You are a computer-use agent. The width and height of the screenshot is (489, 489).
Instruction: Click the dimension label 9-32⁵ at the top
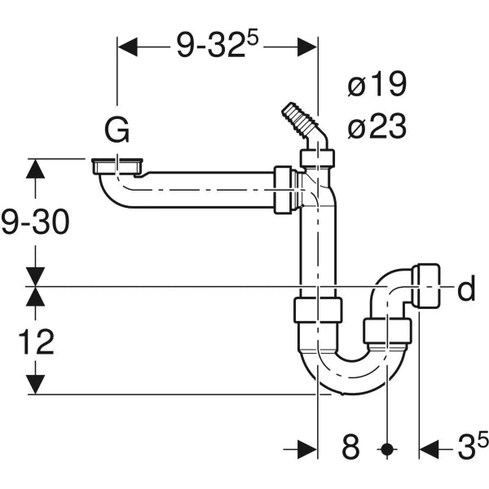tap(218, 46)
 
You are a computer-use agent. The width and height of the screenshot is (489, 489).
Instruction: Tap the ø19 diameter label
tap(377, 84)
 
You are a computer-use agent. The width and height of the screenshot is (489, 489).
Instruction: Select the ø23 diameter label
tap(377, 126)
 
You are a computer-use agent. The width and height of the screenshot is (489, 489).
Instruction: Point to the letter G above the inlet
tap(117, 130)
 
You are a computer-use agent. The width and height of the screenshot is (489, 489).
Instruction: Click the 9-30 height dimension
tap(35, 222)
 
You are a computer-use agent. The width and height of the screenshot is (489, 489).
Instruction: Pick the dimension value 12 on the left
tap(37, 341)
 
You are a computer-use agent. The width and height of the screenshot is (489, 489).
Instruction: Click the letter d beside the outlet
tap(466, 288)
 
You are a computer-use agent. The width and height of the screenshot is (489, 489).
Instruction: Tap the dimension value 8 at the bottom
tap(350, 447)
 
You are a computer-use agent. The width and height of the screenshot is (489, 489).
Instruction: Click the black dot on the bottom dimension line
tap(387, 449)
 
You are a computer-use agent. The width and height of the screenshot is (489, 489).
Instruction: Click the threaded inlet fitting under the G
tap(117, 167)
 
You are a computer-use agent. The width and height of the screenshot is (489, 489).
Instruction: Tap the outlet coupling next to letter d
tap(426, 286)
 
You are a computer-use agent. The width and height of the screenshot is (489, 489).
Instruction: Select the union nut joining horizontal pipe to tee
tap(283, 190)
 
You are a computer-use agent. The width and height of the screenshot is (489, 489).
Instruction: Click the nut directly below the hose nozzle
tap(318, 158)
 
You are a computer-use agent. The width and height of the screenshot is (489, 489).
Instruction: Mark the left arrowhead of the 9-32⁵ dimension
tap(128, 47)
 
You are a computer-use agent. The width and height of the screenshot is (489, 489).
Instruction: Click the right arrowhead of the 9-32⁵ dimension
tap(307, 47)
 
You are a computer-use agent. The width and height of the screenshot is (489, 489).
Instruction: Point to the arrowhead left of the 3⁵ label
tap(430, 449)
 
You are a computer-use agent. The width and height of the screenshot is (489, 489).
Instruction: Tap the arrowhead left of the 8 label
tap(307, 449)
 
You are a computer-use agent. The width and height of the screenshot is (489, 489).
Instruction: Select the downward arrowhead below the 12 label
tap(35, 385)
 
